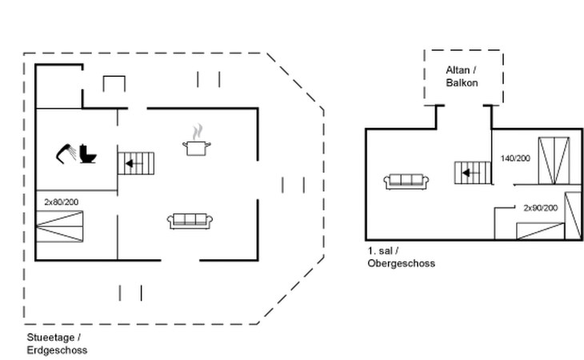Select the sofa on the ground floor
[x=190, y=221]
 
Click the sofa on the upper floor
[x=406, y=182]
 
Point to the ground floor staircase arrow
[x=129, y=163]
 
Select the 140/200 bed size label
[x=515, y=158]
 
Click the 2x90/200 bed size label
[x=540, y=208]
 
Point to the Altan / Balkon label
[x=462, y=76]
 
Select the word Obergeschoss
[x=402, y=263]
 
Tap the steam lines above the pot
[x=197, y=130]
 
